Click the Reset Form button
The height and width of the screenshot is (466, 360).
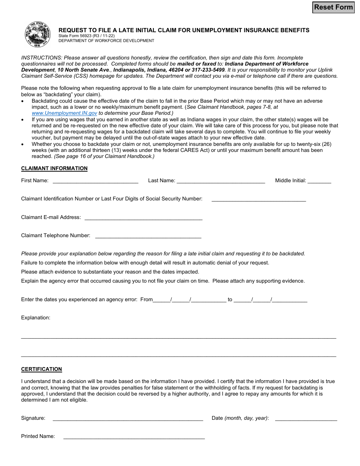333,7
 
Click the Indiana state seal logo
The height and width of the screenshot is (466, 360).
37,34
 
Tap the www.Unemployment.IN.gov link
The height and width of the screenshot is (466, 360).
64,113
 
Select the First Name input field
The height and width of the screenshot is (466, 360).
95,181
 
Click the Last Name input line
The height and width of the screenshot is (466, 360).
221,181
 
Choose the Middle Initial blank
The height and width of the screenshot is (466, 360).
319,181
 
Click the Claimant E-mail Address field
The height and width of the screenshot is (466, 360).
143,217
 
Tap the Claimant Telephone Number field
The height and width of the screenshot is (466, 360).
148,236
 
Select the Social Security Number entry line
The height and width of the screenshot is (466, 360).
258,199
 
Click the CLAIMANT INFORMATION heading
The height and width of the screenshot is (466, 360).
54,168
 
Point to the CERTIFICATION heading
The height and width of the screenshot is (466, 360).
41,369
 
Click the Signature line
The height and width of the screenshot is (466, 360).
128,418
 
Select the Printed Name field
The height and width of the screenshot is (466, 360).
134,436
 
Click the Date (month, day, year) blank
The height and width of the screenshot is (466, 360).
306,418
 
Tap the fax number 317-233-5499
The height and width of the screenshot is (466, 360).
208,70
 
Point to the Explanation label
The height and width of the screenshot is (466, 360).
36,317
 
